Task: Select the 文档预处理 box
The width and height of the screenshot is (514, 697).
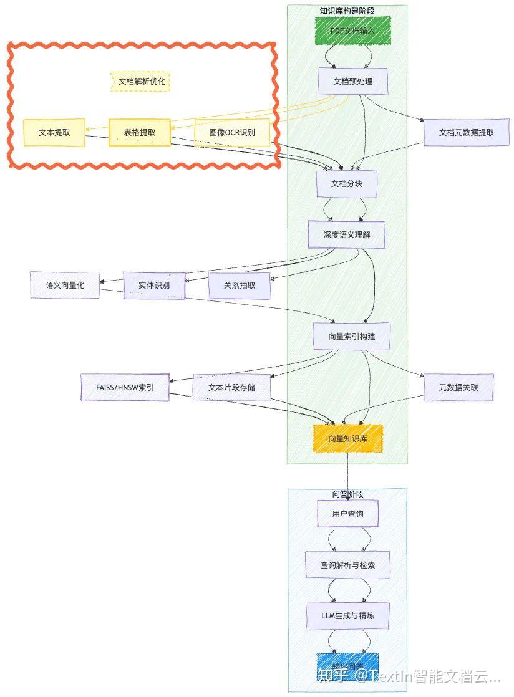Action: tap(352, 81)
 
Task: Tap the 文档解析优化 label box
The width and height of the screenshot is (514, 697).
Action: tap(141, 82)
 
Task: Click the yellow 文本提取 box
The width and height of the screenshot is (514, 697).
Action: tap(54, 132)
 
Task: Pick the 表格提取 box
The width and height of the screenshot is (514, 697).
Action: tap(139, 132)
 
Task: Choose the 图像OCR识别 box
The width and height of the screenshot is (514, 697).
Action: tap(232, 132)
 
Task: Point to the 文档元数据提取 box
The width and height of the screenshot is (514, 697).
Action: tap(466, 132)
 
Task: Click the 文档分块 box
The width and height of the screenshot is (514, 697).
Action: tap(347, 184)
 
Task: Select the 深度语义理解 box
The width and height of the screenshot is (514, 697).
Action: tap(346, 234)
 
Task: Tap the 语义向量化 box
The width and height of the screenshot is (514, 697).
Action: tap(64, 285)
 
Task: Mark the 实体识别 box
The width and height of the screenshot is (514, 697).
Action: tap(154, 286)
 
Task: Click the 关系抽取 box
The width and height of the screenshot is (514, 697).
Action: tap(240, 286)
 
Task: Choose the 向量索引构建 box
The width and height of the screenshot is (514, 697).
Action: tap(351, 336)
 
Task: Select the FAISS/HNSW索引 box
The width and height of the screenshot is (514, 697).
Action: tap(125, 387)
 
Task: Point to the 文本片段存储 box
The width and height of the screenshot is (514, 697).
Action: tap(231, 387)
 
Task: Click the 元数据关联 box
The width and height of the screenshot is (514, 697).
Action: tap(458, 387)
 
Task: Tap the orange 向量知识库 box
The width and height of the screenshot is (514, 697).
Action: tap(347, 438)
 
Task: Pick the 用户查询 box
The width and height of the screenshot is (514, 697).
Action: tap(347, 514)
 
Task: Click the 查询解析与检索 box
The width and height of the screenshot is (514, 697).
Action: tap(347, 565)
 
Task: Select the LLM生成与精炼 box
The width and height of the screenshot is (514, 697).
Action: tap(347, 615)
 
